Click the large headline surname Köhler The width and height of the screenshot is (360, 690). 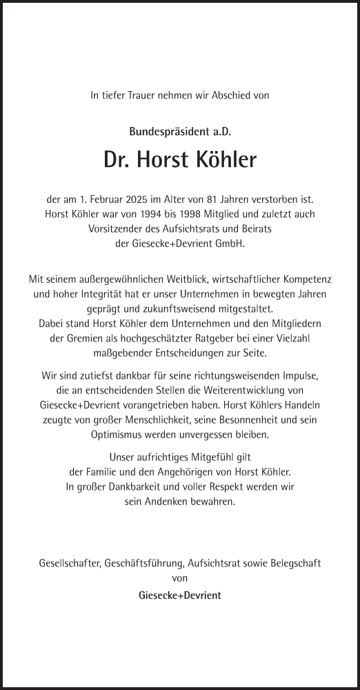coord(224,161)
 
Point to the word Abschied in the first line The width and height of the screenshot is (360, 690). coord(221,97)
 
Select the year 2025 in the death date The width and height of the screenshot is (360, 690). coord(134,201)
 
